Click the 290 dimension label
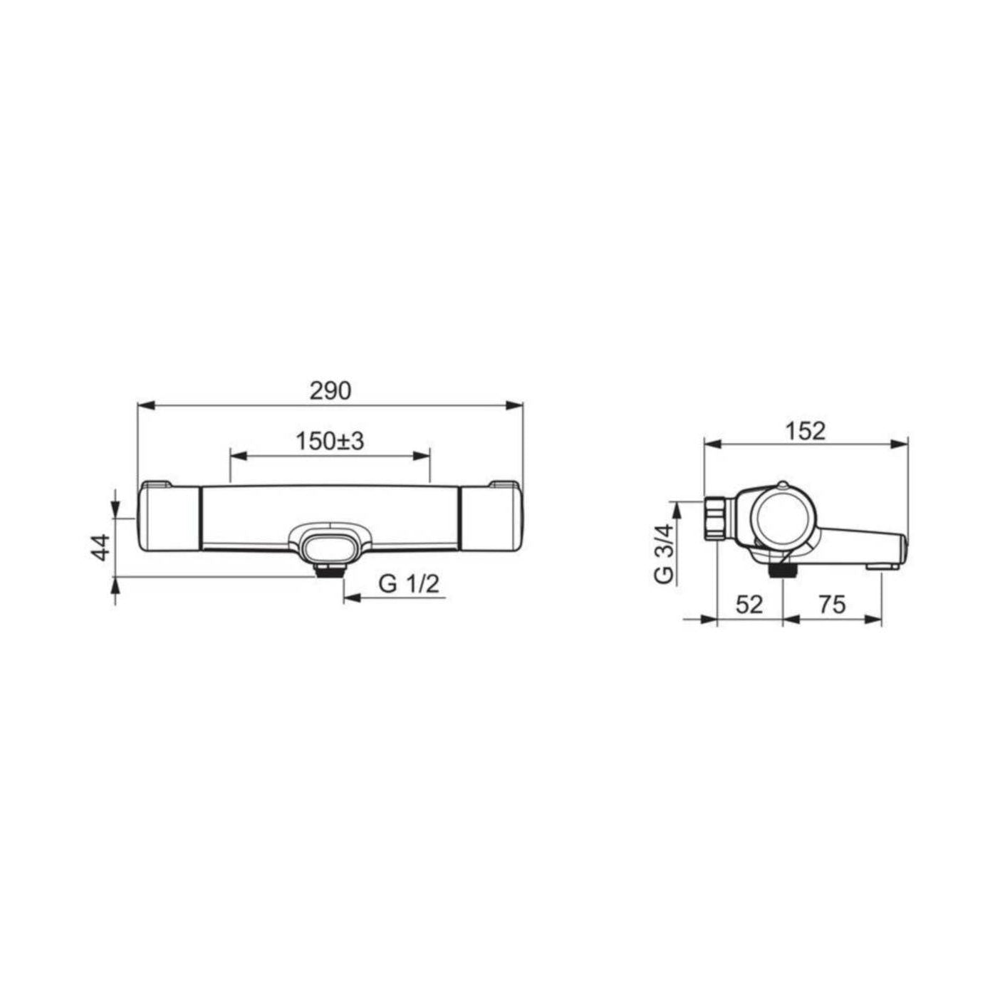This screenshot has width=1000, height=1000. click(330, 391)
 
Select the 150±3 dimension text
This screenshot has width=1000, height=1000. click(330, 441)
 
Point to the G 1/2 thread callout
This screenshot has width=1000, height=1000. click(409, 585)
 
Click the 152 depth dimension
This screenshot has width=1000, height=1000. click(805, 431)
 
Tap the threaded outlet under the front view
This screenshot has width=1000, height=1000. click(330, 571)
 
